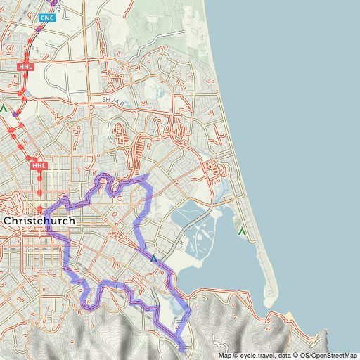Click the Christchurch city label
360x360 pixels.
coord(39,221)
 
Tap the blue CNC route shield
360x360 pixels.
coord(48,18)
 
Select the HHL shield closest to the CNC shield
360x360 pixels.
coord(25,65)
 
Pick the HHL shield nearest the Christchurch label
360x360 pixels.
coord(39,166)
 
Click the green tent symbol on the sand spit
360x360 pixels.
coord(243,231)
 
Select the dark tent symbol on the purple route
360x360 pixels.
coord(153,259)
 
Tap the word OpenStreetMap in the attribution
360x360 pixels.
coord(333,356)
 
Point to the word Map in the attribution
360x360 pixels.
coord(224,356)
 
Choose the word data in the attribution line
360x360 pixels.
coord(288,356)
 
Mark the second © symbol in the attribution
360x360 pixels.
coord(298,356)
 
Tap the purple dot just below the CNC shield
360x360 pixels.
coord(39,29)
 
